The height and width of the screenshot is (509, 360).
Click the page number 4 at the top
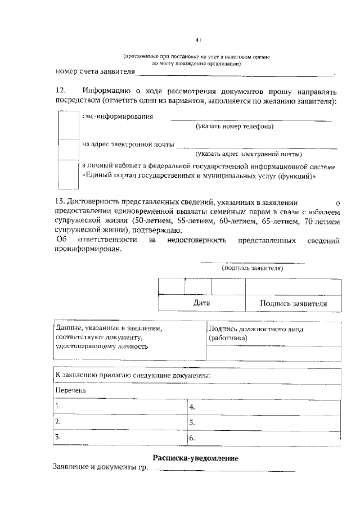click(x=198, y=40)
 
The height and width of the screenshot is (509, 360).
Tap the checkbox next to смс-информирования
click(x=69, y=124)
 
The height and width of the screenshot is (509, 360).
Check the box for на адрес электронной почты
click(x=69, y=150)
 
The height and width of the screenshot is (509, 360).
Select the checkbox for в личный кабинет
click(x=69, y=176)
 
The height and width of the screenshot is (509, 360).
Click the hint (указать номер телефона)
click(x=235, y=127)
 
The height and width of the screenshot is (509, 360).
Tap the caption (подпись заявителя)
click(x=253, y=268)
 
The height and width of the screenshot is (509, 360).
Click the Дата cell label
click(x=201, y=303)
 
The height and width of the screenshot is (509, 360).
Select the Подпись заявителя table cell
click(x=293, y=303)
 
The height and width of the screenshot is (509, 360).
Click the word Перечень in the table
click(x=71, y=390)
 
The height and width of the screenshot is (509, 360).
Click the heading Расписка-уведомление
click(x=196, y=458)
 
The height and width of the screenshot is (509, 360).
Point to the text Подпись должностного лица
click(x=256, y=329)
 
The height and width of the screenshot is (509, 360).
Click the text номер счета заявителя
click(x=96, y=73)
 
